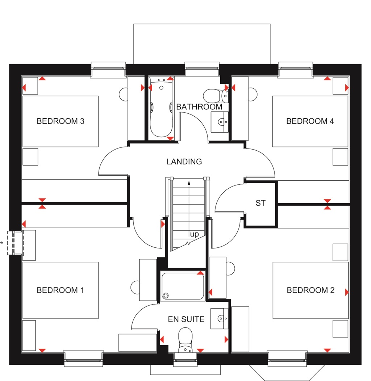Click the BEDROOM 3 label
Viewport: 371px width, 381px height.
point(61,121)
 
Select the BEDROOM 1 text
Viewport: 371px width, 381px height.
point(61,290)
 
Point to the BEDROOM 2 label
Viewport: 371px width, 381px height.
point(310,290)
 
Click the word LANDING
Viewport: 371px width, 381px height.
point(184,162)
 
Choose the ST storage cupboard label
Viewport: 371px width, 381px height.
point(260,203)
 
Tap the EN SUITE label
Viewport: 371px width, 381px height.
point(186,319)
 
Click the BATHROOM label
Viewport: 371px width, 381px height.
point(199,107)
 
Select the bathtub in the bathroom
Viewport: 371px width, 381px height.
point(161,109)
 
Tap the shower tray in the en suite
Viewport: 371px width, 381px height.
point(183,286)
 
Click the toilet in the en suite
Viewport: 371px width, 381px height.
point(185,339)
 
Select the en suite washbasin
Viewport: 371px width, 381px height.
point(220,319)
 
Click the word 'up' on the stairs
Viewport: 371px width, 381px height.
point(195,234)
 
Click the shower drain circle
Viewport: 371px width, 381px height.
point(166,295)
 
